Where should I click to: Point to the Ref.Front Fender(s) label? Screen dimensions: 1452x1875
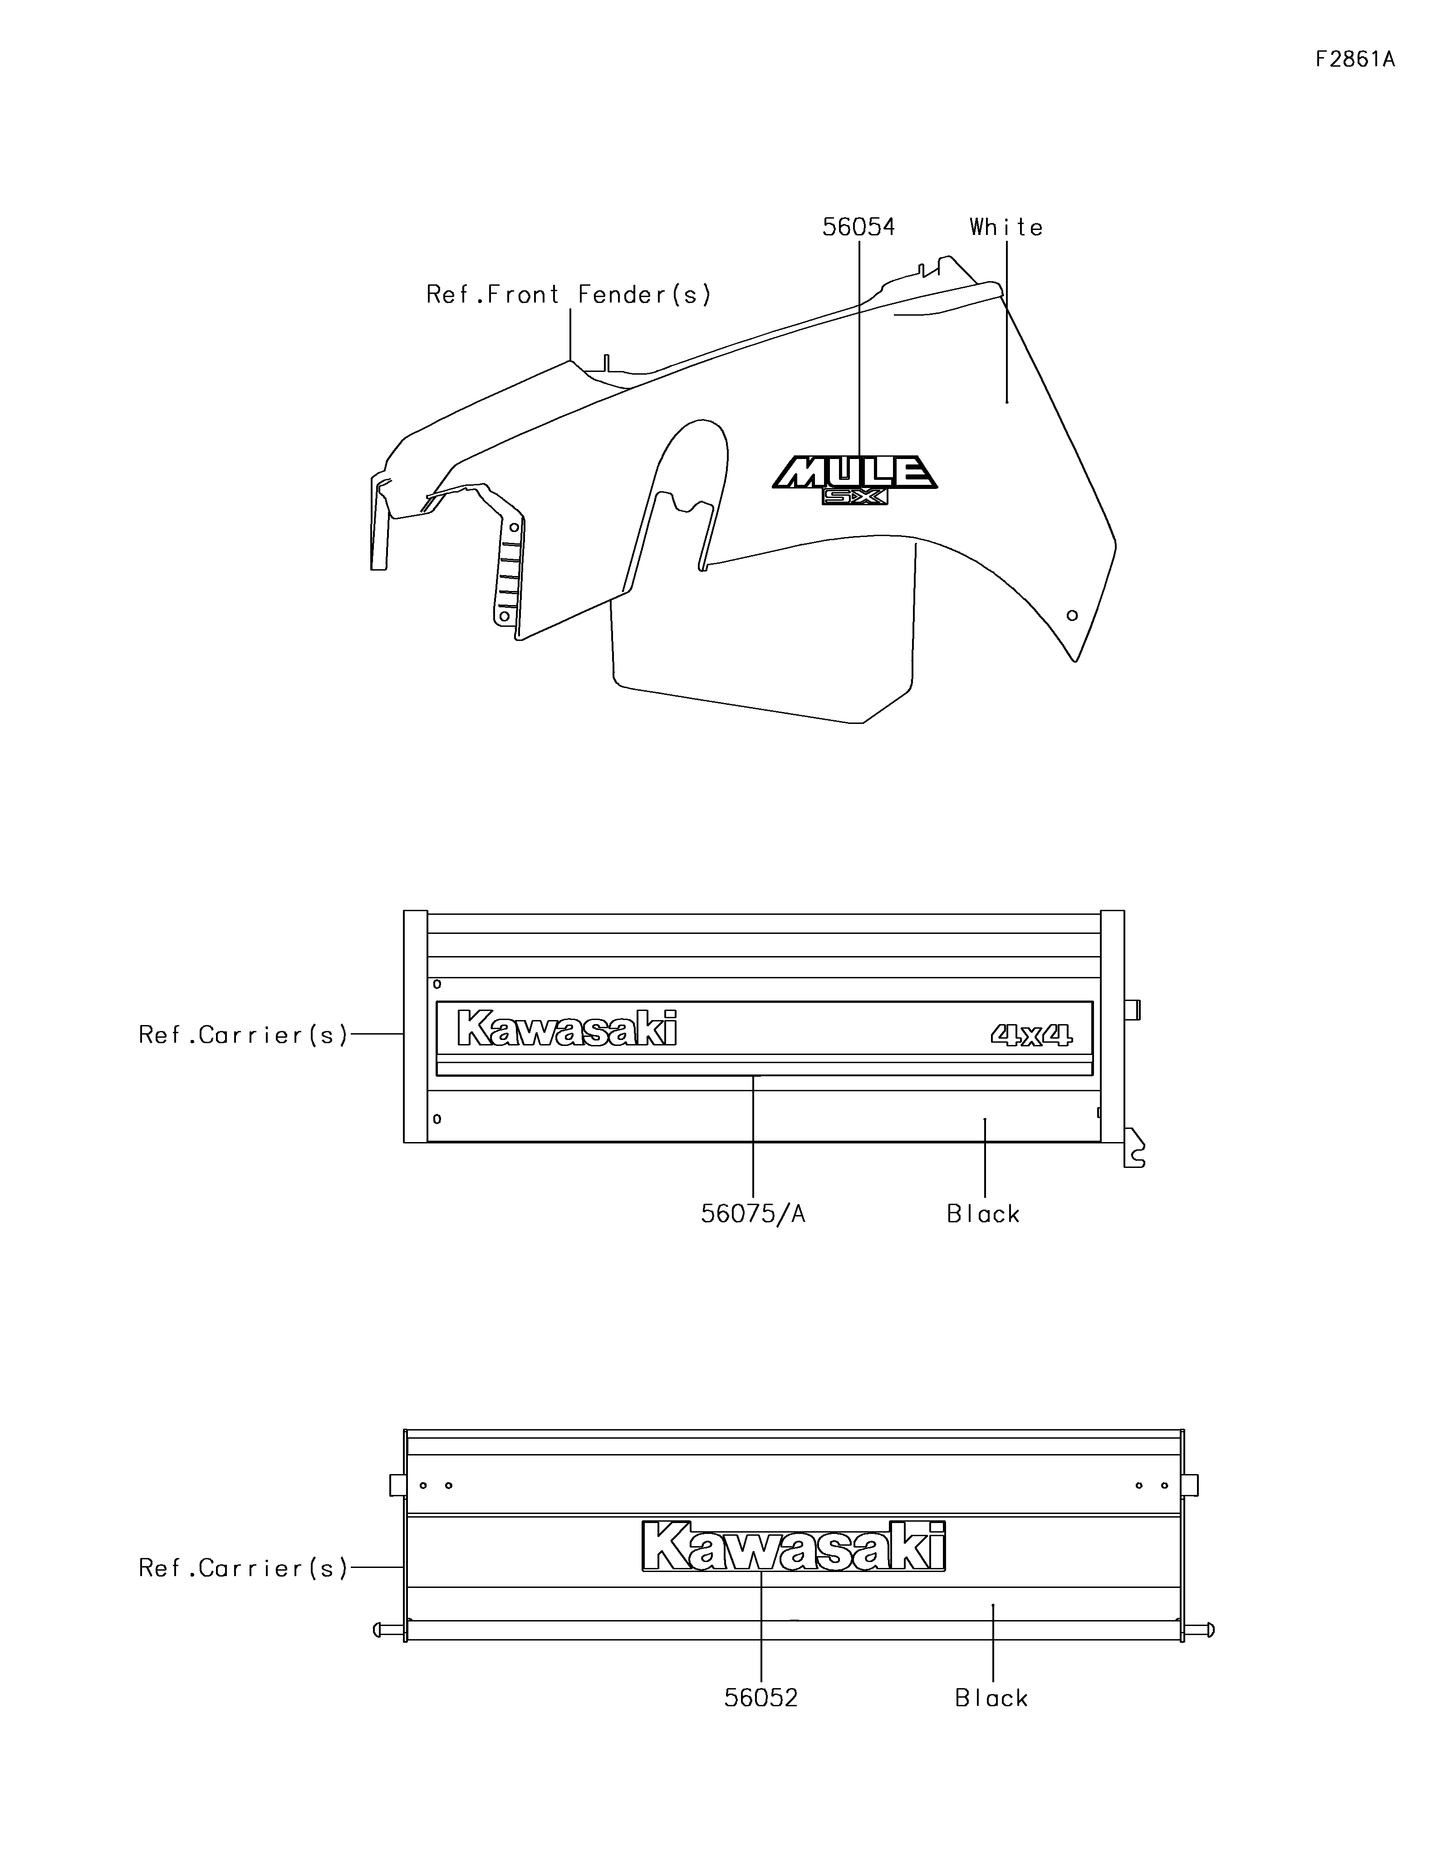[x=569, y=294]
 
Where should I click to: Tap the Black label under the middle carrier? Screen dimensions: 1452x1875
[x=983, y=1214]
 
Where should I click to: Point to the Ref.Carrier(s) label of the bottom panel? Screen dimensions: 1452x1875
[x=244, y=1568]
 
